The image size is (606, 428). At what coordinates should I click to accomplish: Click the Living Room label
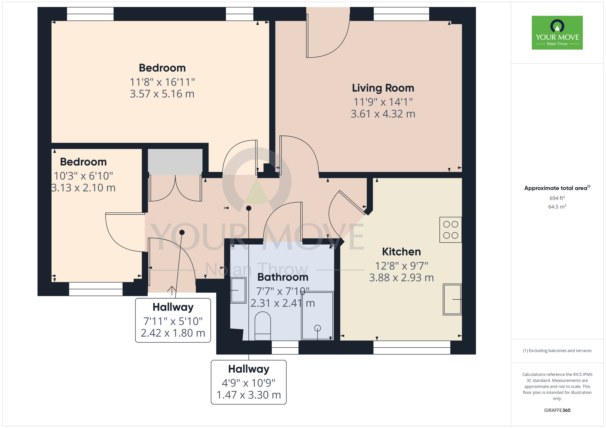383,88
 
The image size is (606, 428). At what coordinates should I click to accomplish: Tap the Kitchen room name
401,252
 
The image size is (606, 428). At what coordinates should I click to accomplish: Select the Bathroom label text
283,277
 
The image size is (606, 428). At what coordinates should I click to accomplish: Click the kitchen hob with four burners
451,230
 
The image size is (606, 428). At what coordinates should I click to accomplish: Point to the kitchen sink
452,299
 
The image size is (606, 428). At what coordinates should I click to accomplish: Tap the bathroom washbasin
238,290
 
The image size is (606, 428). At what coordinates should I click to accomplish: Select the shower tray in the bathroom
318,316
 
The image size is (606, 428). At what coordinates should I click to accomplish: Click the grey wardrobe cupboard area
175,162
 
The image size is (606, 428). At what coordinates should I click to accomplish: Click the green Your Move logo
557,33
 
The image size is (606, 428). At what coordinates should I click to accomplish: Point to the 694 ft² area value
557,198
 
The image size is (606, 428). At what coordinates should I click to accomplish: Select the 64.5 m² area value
557,207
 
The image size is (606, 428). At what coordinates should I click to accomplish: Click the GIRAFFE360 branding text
557,410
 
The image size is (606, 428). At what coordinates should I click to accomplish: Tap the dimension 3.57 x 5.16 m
162,94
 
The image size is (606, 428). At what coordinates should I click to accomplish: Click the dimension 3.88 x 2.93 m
401,278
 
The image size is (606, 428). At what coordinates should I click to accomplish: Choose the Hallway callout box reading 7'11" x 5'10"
173,320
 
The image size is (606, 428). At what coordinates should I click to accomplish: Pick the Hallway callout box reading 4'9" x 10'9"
249,382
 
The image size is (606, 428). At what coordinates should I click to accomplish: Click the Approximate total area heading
557,188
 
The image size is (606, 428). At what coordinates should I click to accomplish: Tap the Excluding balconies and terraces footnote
557,351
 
